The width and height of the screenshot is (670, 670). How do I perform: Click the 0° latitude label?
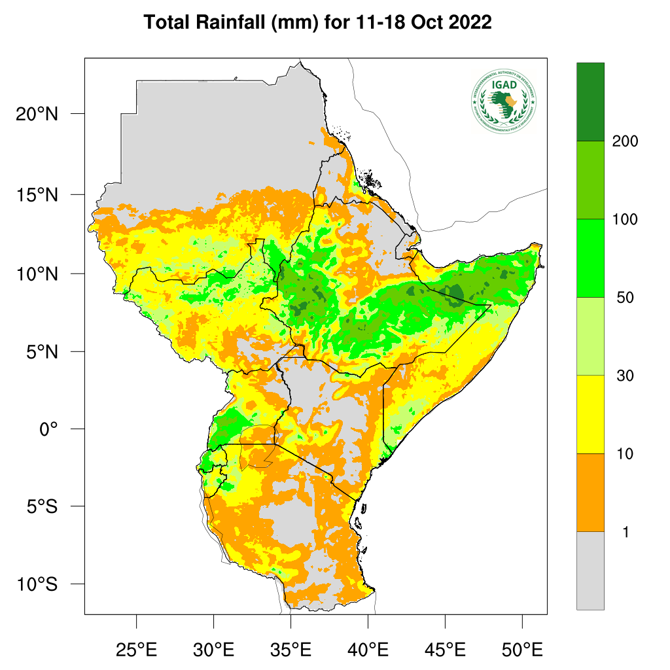[x=48, y=429]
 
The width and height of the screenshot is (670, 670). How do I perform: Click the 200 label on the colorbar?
[x=625, y=141]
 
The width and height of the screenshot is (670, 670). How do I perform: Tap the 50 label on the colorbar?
[x=625, y=298]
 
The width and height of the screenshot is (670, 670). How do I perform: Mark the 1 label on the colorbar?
[x=626, y=533]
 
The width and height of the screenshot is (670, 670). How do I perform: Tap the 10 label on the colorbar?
[x=625, y=454]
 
